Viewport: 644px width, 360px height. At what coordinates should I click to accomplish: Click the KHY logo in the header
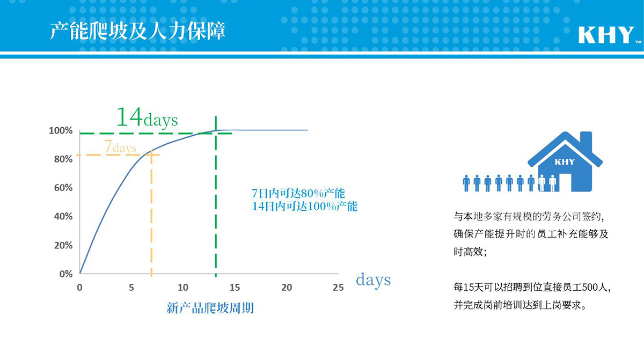click(x=607, y=35)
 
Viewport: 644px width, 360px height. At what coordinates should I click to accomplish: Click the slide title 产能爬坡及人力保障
click(x=137, y=31)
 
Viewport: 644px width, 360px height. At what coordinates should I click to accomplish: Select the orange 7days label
click(x=120, y=146)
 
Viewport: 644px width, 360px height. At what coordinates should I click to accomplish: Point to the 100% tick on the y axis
click(x=61, y=131)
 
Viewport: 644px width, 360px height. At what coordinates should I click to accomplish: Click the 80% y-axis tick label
click(x=63, y=159)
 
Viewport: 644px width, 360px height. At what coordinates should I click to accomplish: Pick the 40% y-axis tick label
click(x=63, y=216)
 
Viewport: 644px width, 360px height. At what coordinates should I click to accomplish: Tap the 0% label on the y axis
click(x=66, y=274)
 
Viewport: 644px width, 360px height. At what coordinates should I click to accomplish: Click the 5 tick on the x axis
click(x=131, y=288)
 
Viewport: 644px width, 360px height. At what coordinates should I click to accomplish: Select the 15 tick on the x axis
click(x=235, y=288)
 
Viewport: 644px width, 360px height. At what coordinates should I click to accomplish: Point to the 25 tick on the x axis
click(x=338, y=288)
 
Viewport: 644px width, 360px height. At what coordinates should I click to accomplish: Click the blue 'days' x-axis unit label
click(x=373, y=280)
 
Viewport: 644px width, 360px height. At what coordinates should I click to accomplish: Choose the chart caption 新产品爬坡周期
click(x=210, y=308)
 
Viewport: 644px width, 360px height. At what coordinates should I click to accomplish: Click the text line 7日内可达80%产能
click(x=298, y=193)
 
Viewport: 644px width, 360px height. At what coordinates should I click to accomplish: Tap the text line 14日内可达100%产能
click(x=304, y=206)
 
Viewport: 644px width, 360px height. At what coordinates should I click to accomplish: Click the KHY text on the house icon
click(x=565, y=162)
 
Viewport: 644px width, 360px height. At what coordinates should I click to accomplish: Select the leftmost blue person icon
click(x=466, y=183)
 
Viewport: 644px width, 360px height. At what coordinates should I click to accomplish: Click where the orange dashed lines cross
click(x=151, y=155)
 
